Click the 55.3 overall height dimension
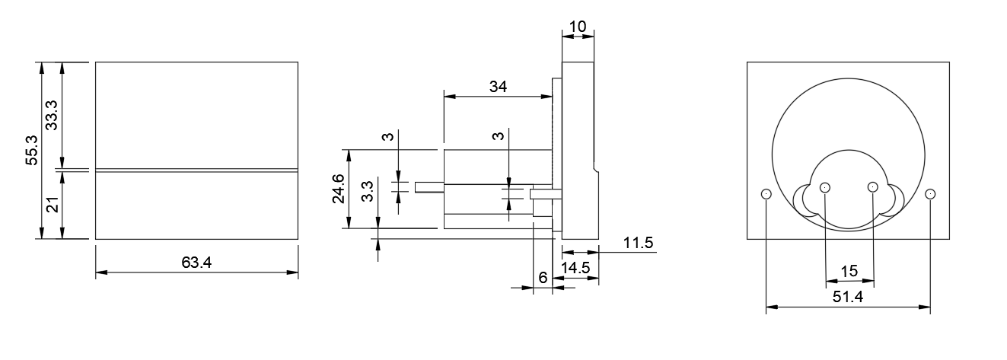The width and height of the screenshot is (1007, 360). [31, 151]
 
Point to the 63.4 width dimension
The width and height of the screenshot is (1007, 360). [196, 263]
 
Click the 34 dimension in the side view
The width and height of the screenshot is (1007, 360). [498, 87]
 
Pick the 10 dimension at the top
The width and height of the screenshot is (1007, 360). [578, 27]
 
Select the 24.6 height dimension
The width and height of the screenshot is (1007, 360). [339, 189]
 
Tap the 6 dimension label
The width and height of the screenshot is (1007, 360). [543, 279]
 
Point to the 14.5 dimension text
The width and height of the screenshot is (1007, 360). [575, 268]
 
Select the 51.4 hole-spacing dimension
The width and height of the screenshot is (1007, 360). [848, 298]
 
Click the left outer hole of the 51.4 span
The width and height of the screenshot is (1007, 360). [766, 194]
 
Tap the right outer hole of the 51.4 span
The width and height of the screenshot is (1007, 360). [929, 194]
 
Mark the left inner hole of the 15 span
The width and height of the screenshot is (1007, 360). [825, 187]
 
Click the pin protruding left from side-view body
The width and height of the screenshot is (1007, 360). [428, 187]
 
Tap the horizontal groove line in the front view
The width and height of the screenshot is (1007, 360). [196, 170]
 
